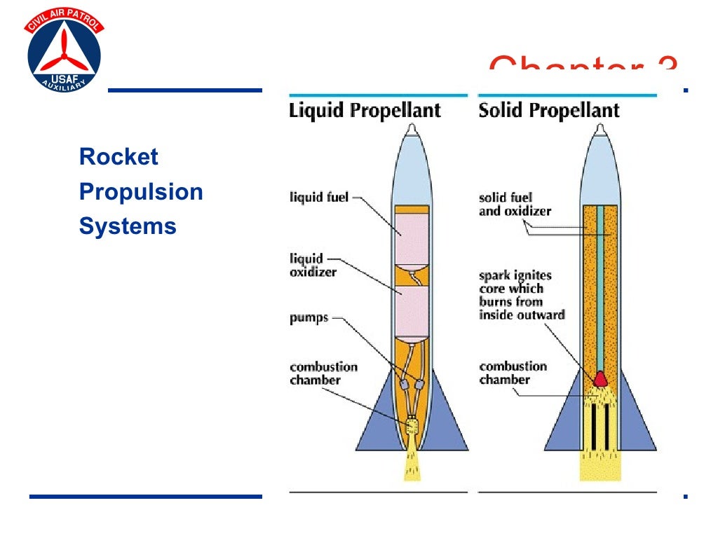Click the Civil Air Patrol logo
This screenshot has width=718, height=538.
click(x=64, y=53)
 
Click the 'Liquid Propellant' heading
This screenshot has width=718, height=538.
click(x=365, y=111)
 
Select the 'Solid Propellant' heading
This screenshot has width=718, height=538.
click(x=549, y=111)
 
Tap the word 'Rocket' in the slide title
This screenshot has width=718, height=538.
click(x=118, y=156)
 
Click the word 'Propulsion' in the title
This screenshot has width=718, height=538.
click(x=141, y=191)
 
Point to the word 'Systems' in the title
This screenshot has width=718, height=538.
click(x=128, y=226)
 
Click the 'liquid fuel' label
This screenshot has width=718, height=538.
click(x=319, y=198)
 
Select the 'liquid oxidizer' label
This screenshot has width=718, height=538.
click(x=313, y=265)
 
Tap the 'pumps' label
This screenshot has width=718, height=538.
click(x=309, y=319)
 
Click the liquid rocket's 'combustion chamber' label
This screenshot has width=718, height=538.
click(x=323, y=373)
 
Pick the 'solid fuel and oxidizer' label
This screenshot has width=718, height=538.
click(x=515, y=204)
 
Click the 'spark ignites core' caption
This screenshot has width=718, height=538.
click(x=521, y=295)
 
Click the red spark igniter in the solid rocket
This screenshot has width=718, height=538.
click(x=601, y=379)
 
